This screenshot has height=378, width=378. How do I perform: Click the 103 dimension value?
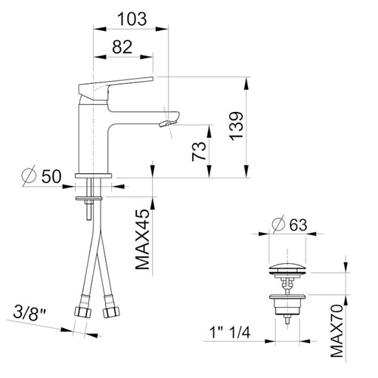(132, 19)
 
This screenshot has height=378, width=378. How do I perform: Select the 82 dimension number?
(122, 47)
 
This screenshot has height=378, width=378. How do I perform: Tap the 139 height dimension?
(236, 125)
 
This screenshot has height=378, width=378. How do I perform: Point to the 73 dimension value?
(199, 151)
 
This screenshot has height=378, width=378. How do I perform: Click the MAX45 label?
(142, 240)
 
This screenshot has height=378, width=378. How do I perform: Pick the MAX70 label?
(336, 330)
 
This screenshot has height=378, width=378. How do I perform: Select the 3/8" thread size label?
(29, 313)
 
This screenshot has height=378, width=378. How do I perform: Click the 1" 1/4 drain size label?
(230, 333)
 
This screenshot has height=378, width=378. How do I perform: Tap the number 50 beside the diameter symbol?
(51, 176)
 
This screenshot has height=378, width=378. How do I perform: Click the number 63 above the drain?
(299, 225)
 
